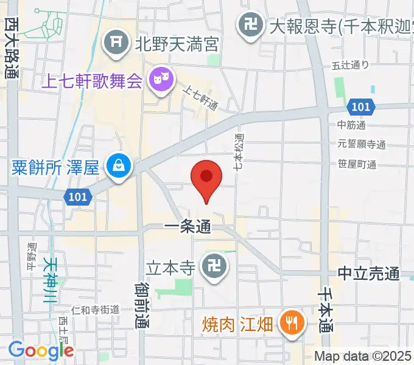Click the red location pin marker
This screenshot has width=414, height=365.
pyautogui.click(x=206, y=178)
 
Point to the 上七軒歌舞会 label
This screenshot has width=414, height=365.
pyautogui.click(x=92, y=80)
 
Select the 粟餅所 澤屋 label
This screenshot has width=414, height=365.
pyautogui.click(x=55, y=165)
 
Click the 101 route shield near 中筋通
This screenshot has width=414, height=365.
pyautogui.click(x=360, y=106)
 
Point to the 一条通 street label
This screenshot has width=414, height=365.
pyautogui.click(x=188, y=228)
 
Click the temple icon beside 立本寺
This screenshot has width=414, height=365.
pyautogui.click(x=215, y=268)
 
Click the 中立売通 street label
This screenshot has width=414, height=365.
pyautogui.click(x=369, y=274)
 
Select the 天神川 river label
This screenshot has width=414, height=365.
pyautogui.click(x=52, y=280)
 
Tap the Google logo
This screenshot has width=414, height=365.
pyautogui.click(x=41, y=351)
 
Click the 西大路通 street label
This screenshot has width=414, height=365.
pyautogui.click(x=11, y=49)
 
